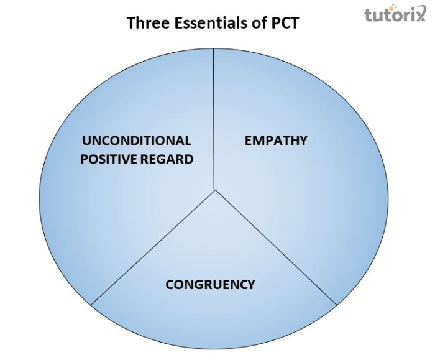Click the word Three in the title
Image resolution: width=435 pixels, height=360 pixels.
tap(146, 23)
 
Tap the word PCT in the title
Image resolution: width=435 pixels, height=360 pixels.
tap(284, 23)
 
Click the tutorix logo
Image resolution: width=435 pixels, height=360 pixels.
tap(395, 14)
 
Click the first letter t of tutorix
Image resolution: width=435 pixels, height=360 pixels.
tap(369, 14)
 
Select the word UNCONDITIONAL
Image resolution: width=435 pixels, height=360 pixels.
tap(136, 141)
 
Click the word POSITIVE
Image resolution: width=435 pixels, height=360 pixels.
tap(108, 159)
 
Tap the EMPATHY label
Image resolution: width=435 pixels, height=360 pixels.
tap(275, 141)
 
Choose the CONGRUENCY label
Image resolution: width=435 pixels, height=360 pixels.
tap(210, 285)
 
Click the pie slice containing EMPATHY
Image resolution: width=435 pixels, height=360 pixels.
tap(298, 187)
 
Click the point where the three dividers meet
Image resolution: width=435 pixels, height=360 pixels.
tap(215, 190)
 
